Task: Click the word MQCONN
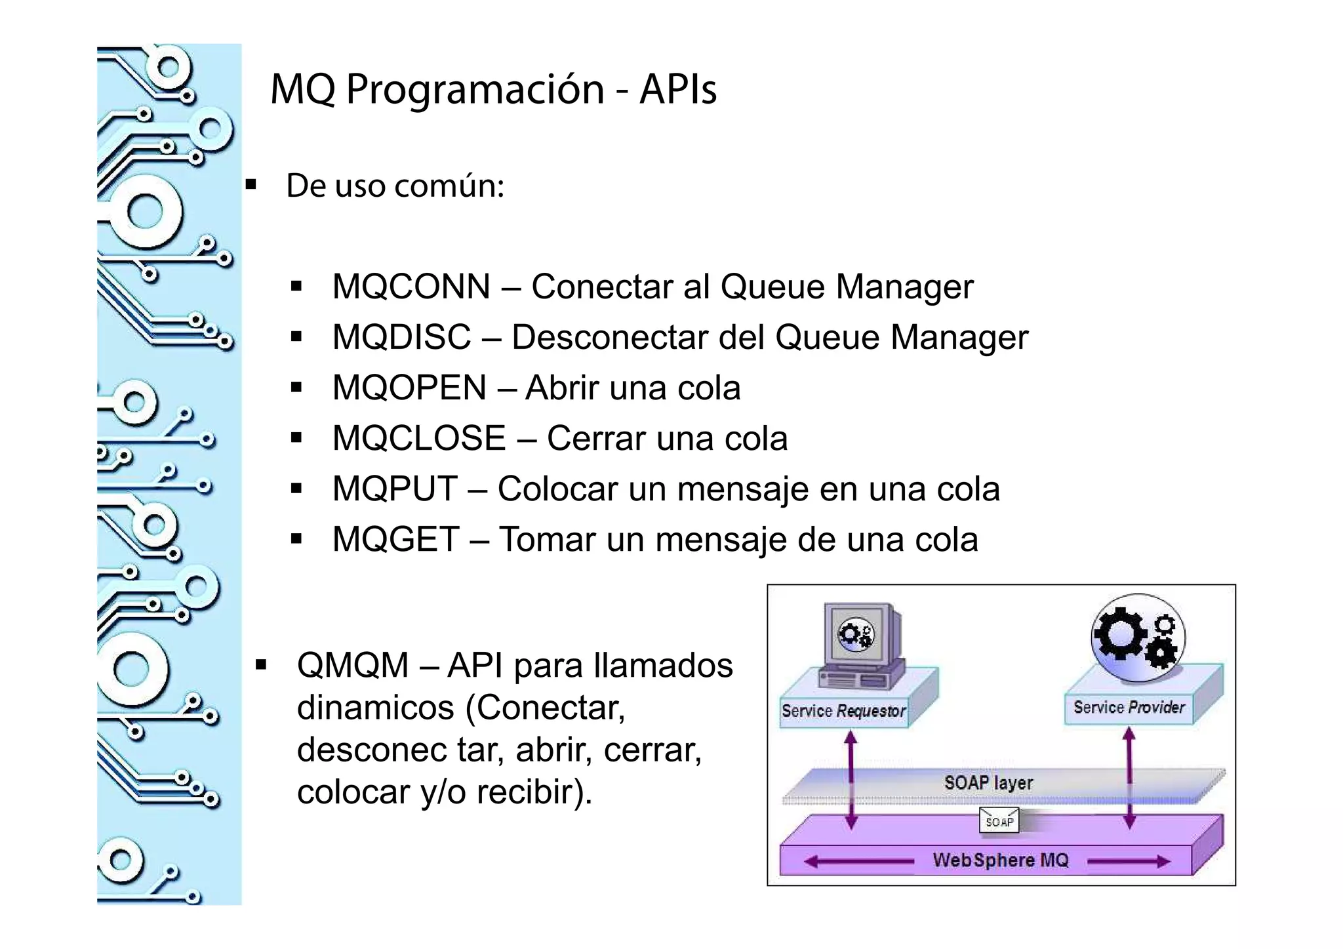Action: [x=411, y=287]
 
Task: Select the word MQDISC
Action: [x=401, y=338]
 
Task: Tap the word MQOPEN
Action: [x=409, y=388]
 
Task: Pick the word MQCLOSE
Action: [x=419, y=439]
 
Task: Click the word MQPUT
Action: [x=395, y=489]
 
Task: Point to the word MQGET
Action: [x=395, y=540]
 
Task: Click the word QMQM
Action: [x=353, y=666]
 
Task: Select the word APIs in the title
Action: [x=678, y=89]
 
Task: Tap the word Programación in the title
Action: [x=475, y=89]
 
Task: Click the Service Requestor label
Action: [x=843, y=711]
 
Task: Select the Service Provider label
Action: [x=1129, y=708]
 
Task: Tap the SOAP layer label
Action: [x=988, y=782]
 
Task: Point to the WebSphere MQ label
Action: [x=1000, y=860]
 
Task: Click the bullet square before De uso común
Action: [x=251, y=185]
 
